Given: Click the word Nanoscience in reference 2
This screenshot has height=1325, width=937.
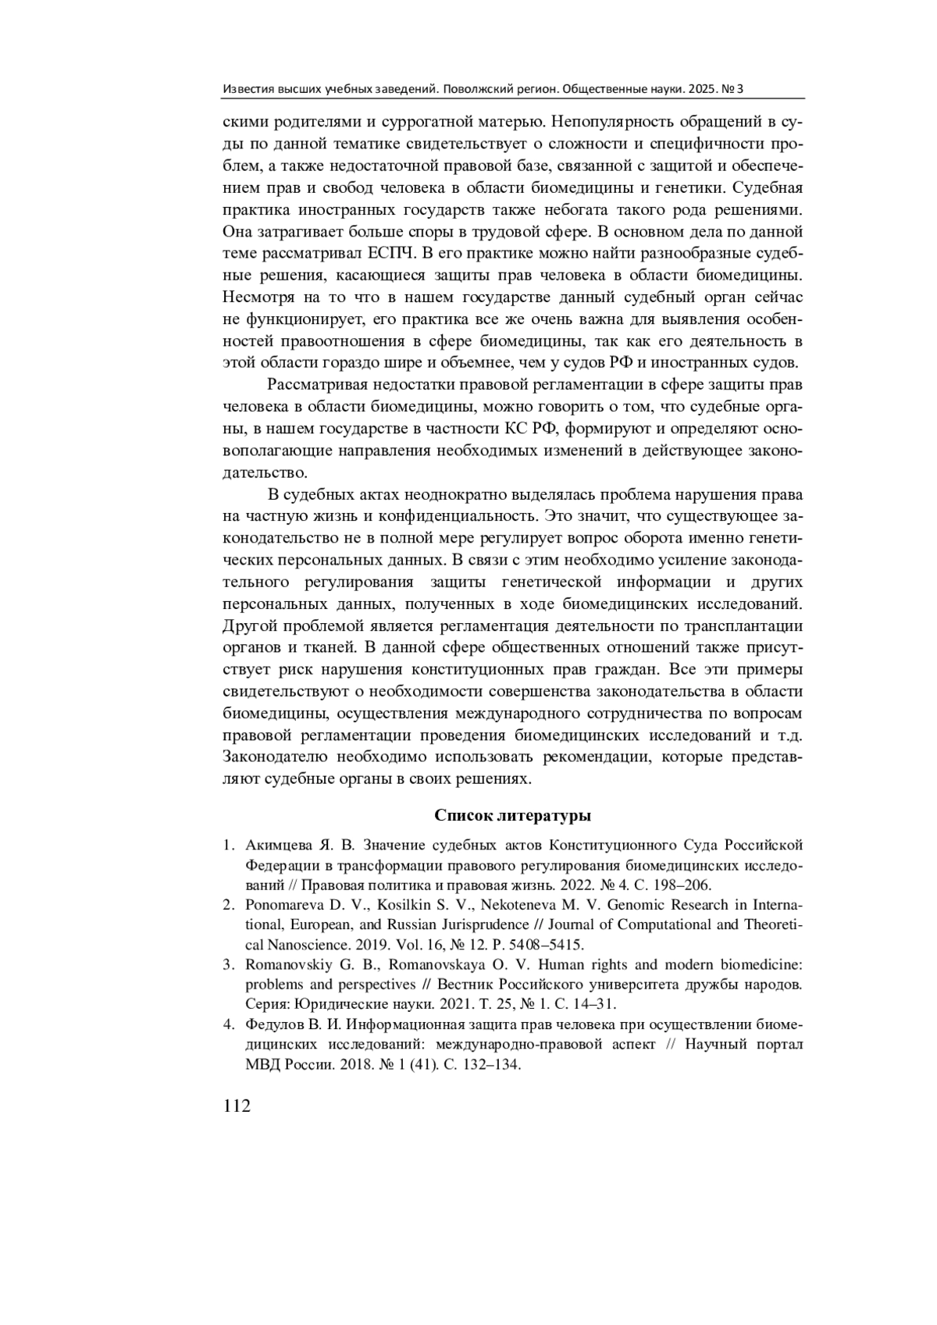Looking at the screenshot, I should (288, 944).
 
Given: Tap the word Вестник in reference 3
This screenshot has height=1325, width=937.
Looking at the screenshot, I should (464, 984).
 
